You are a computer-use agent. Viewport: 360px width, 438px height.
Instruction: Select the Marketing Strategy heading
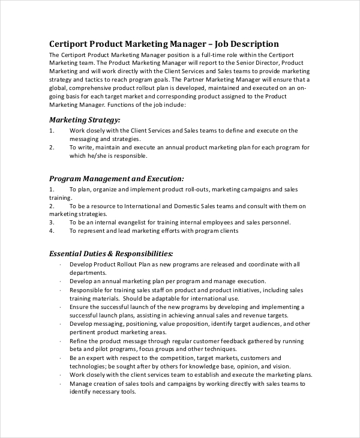click(x=85, y=119)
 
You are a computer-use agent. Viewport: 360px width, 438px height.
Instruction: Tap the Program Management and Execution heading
click(x=116, y=178)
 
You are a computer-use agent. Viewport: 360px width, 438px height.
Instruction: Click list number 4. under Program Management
click(x=52, y=230)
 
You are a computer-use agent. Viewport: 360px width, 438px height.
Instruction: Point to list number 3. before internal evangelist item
click(x=52, y=222)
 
